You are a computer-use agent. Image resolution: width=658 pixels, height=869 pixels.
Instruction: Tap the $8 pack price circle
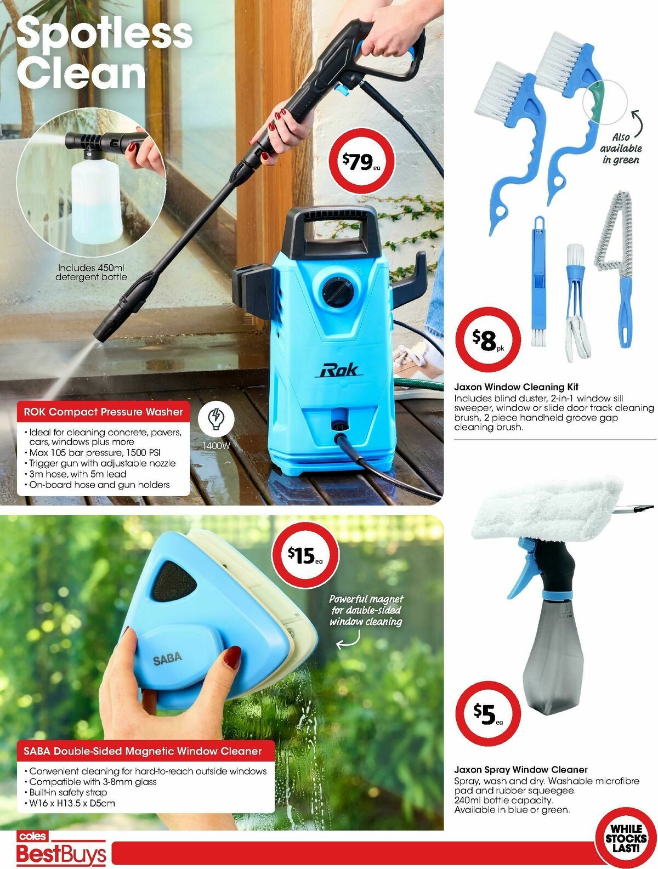click(x=487, y=340)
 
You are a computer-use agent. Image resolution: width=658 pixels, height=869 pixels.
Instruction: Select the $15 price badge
click(x=305, y=555)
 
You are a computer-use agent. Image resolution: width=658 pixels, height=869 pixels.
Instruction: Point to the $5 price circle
click(x=487, y=713)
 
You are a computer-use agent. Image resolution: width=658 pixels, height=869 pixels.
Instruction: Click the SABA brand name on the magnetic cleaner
click(x=167, y=658)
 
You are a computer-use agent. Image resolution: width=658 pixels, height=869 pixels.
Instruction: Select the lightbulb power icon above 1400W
click(x=216, y=420)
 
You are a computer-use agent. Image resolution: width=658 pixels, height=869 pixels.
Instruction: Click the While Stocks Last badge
click(x=626, y=838)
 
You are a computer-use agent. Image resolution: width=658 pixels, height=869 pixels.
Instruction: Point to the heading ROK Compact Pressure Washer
click(x=103, y=412)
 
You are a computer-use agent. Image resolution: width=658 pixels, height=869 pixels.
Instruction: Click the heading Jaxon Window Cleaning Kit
click(x=516, y=387)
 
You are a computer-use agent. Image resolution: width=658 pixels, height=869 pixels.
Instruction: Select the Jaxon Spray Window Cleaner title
click(x=520, y=769)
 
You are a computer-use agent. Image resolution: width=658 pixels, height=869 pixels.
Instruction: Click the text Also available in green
click(x=620, y=148)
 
